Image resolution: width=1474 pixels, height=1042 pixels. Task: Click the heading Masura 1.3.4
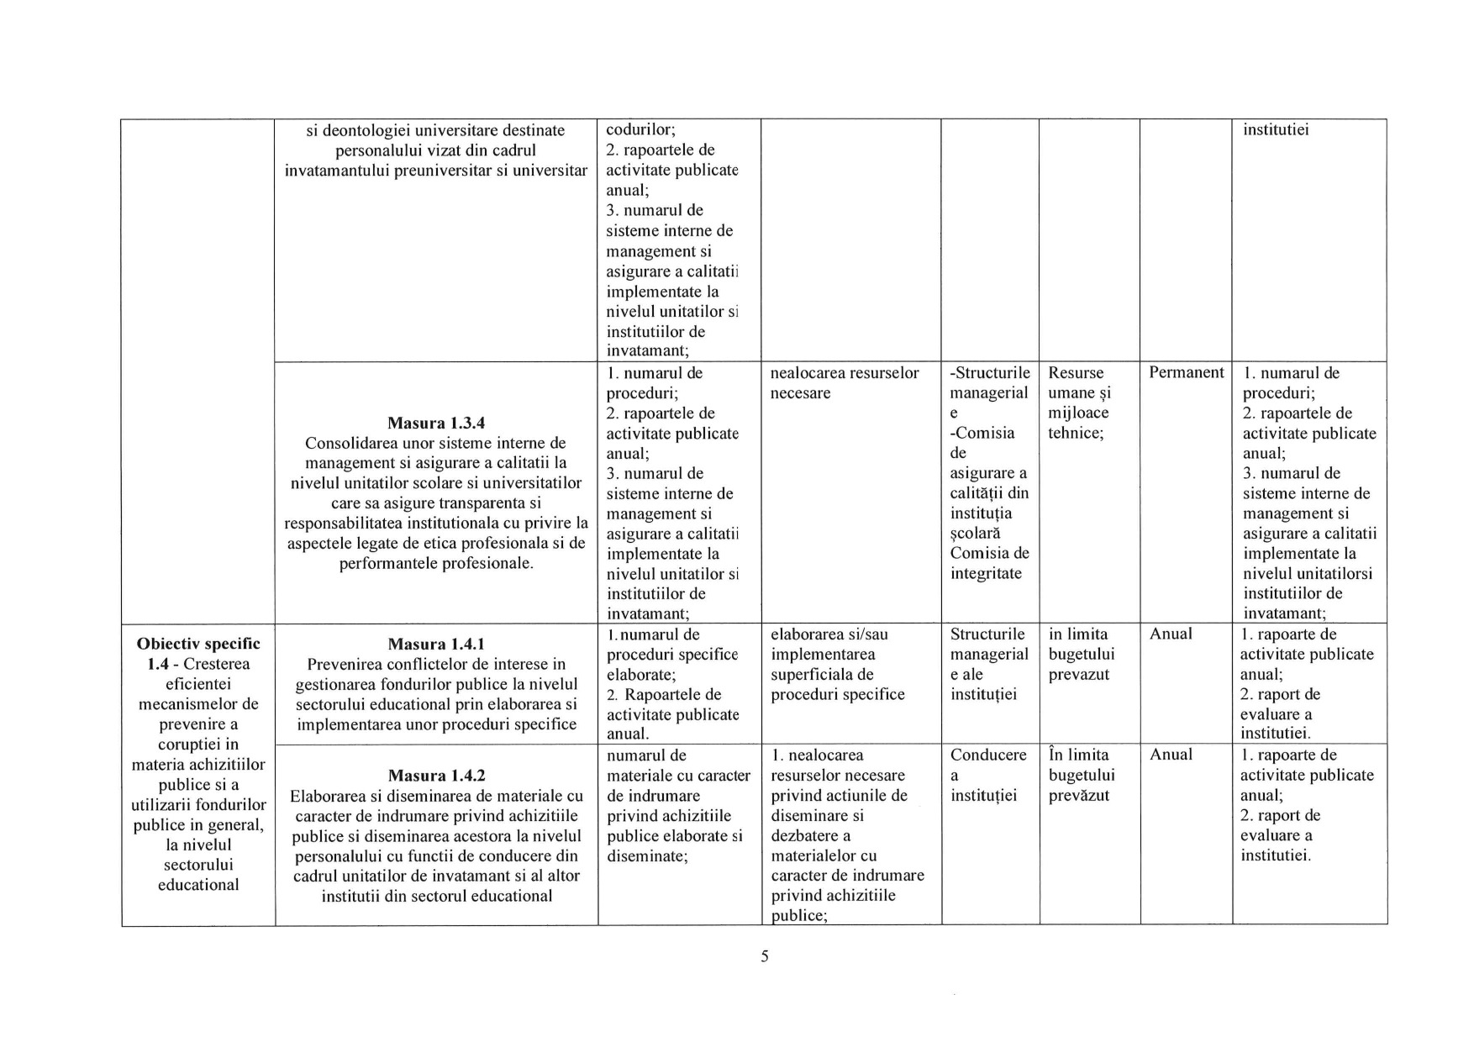pos(435,423)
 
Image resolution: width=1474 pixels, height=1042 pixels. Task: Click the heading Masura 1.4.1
pos(435,645)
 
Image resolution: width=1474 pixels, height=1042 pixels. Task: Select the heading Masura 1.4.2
pos(435,776)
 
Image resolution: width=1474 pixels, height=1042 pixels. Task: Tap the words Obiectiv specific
pos(198,644)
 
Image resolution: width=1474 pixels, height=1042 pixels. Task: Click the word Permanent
pos(1186,372)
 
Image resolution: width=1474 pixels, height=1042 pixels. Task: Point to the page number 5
pos(764,956)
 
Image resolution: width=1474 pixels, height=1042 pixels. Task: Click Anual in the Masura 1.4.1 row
pos(1171,634)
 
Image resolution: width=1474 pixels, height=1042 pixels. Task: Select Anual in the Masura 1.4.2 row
pos(1171,755)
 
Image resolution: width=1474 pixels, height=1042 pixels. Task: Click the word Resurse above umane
pos(1076,372)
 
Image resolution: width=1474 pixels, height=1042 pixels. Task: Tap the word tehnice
pos(1076,433)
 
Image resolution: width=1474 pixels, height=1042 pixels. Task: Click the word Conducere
pos(988,755)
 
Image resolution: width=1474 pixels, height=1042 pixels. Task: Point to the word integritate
pos(986,574)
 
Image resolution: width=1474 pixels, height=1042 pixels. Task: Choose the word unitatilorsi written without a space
pos(1307,573)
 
